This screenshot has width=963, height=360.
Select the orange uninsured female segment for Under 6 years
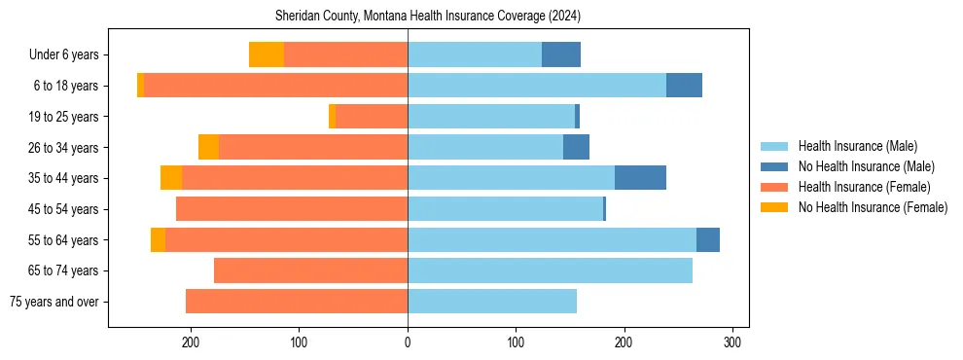point(267,54)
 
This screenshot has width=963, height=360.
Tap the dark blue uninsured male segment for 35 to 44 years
point(640,178)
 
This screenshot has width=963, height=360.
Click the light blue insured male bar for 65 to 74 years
point(550,270)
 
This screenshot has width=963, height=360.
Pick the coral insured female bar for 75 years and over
point(297,302)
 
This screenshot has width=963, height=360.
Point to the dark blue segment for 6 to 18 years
point(684,86)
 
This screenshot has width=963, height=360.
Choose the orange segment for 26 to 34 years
point(208,147)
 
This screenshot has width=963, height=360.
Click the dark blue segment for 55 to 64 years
point(708,239)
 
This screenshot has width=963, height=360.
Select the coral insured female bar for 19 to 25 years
point(372,117)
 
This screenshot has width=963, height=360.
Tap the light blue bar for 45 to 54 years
point(505,209)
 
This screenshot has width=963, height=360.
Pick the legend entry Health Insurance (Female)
point(863,187)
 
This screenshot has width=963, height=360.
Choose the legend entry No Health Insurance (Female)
point(872,207)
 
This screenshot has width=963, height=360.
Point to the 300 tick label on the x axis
point(733,342)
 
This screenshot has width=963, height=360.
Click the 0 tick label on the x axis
point(408,342)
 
